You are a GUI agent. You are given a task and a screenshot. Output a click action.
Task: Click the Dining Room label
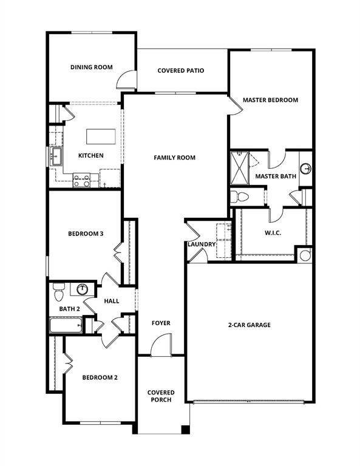click(91, 67)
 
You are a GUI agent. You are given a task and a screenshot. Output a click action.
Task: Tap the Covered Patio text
click(181, 71)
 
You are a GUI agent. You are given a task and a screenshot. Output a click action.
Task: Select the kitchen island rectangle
click(100, 135)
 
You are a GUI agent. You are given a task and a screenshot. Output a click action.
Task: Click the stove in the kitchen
click(82, 179)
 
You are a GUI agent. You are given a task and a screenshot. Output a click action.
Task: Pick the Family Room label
click(174, 158)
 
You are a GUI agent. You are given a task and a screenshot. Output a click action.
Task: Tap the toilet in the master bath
click(240, 197)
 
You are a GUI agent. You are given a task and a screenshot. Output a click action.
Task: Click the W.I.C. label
click(272, 232)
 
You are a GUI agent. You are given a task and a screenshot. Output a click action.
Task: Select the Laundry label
click(201, 245)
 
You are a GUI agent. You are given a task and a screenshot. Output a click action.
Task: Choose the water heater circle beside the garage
click(305, 255)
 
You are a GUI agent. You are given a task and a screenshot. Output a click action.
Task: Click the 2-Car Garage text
click(249, 325)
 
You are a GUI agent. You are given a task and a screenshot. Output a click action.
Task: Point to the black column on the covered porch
click(185, 430)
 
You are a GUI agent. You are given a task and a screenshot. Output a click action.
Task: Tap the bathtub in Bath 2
click(66, 326)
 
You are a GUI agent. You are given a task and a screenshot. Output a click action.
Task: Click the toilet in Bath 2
click(58, 292)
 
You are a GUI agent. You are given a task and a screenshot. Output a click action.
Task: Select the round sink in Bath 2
click(82, 289)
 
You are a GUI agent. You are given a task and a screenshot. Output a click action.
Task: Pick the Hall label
click(112, 301)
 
